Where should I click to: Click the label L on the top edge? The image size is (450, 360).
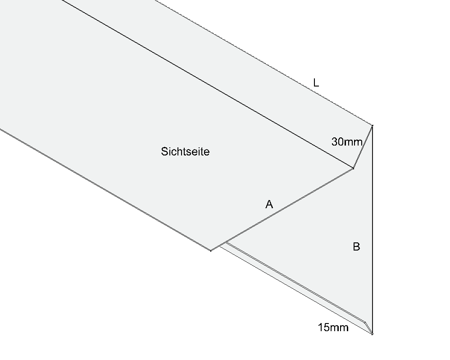(x=316, y=83)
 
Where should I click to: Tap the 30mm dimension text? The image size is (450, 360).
(x=347, y=141)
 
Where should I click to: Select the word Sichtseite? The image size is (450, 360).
(x=185, y=151)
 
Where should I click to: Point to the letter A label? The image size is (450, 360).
(x=269, y=204)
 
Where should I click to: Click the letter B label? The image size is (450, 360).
(x=356, y=246)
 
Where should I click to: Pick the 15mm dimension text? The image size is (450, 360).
(x=333, y=327)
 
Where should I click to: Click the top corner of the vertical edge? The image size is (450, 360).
(x=372, y=125)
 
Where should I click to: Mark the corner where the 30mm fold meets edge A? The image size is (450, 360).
(x=353, y=168)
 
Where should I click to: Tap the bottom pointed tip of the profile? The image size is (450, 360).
(x=372, y=334)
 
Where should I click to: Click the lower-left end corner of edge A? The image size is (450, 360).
(x=211, y=251)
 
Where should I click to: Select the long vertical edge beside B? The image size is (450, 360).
(x=372, y=229)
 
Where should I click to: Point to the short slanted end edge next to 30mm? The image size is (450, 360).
(x=363, y=147)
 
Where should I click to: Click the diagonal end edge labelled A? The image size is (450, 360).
(x=282, y=209)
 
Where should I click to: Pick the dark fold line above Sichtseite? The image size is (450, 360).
(x=207, y=84)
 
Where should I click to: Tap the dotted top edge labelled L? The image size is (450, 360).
(x=264, y=63)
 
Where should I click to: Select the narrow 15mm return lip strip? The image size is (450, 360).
(x=295, y=287)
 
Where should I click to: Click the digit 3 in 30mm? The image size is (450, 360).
(x=334, y=141)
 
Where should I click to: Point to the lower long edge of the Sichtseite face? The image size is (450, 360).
(x=105, y=190)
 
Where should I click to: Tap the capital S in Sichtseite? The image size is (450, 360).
(x=164, y=151)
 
